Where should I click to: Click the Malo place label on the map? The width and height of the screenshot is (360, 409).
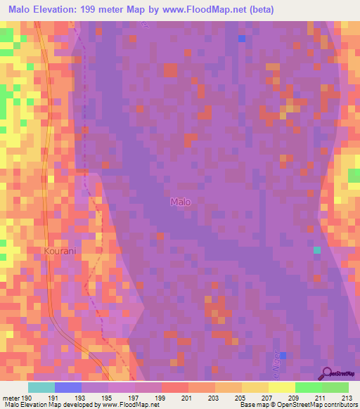click(x=181, y=202)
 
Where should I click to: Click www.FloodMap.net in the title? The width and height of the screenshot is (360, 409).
click(x=204, y=10)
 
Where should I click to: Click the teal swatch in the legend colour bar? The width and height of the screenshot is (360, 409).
click(x=41, y=387)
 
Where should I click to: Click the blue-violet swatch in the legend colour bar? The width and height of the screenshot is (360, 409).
click(x=68, y=387)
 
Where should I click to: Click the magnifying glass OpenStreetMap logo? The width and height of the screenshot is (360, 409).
click(x=326, y=372)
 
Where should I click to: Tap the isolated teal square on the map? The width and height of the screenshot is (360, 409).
click(x=317, y=249)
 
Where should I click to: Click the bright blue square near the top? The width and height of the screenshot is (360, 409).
click(x=242, y=38)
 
